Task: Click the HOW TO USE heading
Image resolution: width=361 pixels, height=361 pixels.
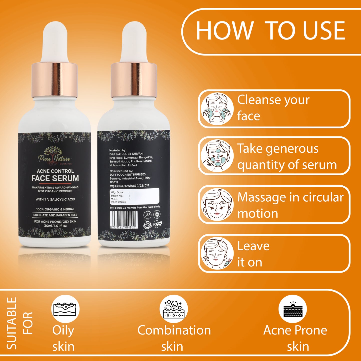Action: pyautogui.click(x=270, y=31)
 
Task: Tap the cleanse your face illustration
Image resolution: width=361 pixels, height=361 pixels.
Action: pyautogui.click(x=217, y=109)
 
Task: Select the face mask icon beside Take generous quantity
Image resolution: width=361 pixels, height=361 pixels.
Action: pyautogui.click(x=217, y=156)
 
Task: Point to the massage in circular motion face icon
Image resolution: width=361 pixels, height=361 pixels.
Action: pyautogui.click(x=217, y=205)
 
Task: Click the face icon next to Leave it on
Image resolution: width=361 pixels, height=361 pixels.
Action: pyautogui.click(x=217, y=253)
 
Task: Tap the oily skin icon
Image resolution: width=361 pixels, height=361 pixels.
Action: pyautogui.click(x=65, y=309)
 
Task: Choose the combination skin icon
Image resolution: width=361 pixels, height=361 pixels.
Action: pyautogui.click(x=174, y=309)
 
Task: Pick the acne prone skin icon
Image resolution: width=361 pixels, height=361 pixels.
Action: pyautogui.click(x=293, y=309)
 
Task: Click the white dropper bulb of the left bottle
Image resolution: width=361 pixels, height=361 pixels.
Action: pyautogui.click(x=55, y=42)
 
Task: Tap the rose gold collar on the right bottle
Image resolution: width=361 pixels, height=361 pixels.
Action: pyautogui.click(x=134, y=80)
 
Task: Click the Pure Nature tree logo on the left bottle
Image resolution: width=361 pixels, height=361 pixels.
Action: pyautogui.click(x=53, y=154)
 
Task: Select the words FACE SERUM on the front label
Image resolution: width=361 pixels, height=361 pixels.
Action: pyautogui.click(x=55, y=178)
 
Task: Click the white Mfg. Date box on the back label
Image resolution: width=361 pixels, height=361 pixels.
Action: pyautogui.click(x=134, y=196)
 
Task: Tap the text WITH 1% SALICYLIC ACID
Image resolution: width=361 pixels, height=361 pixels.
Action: pyautogui.click(x=55, y=199)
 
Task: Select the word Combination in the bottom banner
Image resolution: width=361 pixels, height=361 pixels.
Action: pyautogui.click(x=174, y=330)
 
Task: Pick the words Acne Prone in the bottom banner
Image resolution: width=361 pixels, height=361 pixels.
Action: pyautogui.click(x=295, y=330)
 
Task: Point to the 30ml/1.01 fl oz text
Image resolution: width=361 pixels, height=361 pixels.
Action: pyautogui.click(x=55, y=226)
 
